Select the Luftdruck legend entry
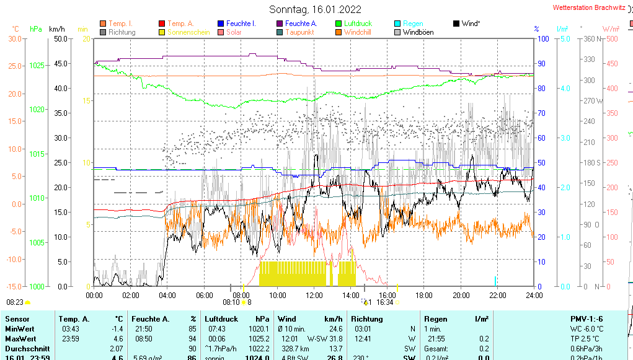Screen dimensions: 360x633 [358, 24]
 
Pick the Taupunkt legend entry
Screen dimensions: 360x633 [299, 32]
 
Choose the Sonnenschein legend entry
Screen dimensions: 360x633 [193, 32]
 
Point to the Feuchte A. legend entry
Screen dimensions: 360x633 [301, 24]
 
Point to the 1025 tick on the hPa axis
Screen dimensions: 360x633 [37, 65]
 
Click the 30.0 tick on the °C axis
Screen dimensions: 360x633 [15, 39]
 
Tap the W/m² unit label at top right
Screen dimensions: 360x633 [611, 29]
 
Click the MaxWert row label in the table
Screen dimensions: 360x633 [20, 338]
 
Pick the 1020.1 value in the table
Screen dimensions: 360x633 [259, 328]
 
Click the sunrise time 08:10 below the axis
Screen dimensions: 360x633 [231, 302]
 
